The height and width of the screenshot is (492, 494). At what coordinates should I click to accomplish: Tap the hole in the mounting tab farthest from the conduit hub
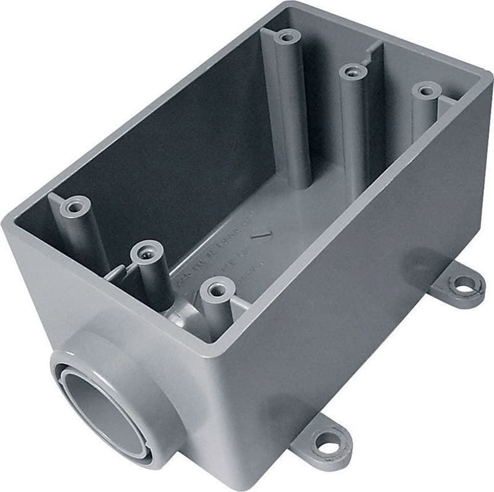pyautogui.click(x=463, y=285)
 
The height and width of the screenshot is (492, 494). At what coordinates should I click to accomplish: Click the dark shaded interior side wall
pyautogui.click(x=154, y=154)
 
